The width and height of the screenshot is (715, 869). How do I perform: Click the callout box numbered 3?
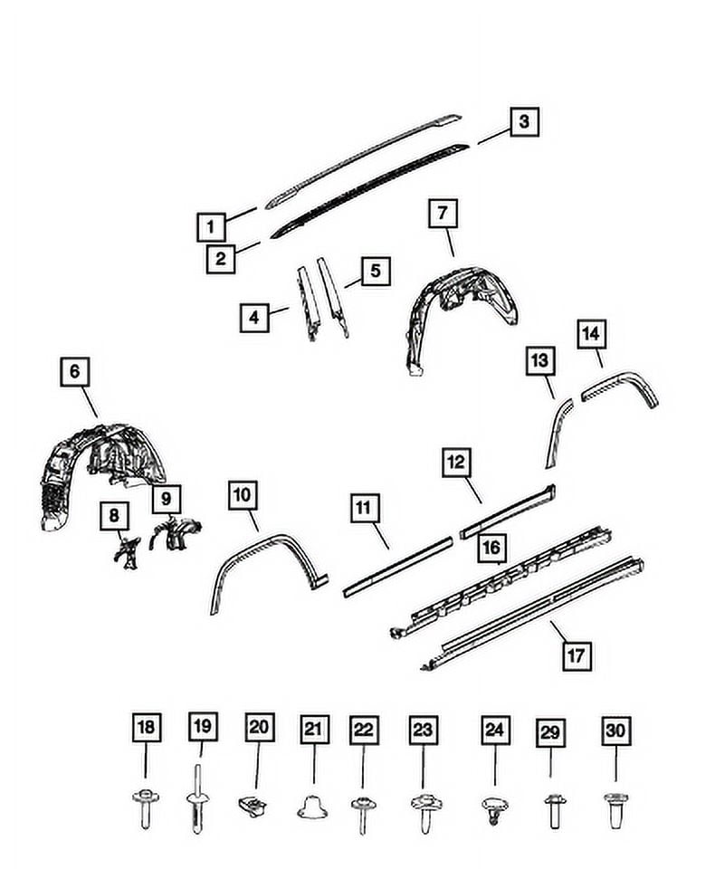click(524, 122)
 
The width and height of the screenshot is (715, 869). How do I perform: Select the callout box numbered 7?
click(443, 214)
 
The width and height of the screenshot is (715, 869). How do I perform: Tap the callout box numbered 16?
click(491, 549)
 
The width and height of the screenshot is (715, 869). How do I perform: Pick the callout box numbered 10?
click(243, 495)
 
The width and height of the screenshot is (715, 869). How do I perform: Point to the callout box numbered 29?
click(550, 732)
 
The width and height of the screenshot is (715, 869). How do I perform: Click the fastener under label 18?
click(146, 808)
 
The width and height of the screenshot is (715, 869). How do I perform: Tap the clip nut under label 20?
click(253, 807)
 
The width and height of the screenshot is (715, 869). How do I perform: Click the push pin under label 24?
click(493, 809)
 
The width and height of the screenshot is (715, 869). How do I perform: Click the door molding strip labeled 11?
click(397, 567)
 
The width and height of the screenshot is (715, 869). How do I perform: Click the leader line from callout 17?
click(562, 631)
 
